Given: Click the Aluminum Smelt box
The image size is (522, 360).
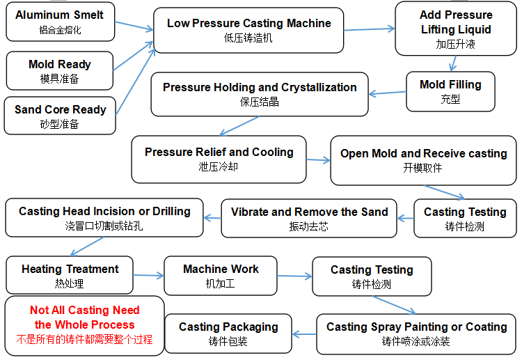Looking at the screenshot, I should click(59, 22).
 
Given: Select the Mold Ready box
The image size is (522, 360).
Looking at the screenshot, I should click(59, 70).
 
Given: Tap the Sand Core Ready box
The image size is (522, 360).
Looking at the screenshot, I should click(60, 116).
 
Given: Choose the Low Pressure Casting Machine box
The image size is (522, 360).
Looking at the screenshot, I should click(248, 30).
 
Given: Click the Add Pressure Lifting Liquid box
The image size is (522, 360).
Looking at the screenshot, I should click(455, 29).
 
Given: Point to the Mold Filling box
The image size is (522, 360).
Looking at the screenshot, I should click(450, 91).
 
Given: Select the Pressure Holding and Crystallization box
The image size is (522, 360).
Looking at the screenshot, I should click(259, 94).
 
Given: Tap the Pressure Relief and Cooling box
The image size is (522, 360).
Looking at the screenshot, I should click(219, 159).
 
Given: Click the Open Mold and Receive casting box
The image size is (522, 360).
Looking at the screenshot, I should click(423, 160).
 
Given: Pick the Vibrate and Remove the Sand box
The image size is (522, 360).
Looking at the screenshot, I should click(309, 218).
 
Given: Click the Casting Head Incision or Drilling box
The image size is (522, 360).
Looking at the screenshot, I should click(104, 217).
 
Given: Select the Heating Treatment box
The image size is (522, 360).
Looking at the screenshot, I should click(70, 275).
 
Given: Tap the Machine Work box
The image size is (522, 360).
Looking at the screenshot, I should click(220, 275).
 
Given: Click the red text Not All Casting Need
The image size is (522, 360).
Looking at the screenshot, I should click(84, 311).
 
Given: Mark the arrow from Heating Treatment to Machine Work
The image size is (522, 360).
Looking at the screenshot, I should click(148, 276).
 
